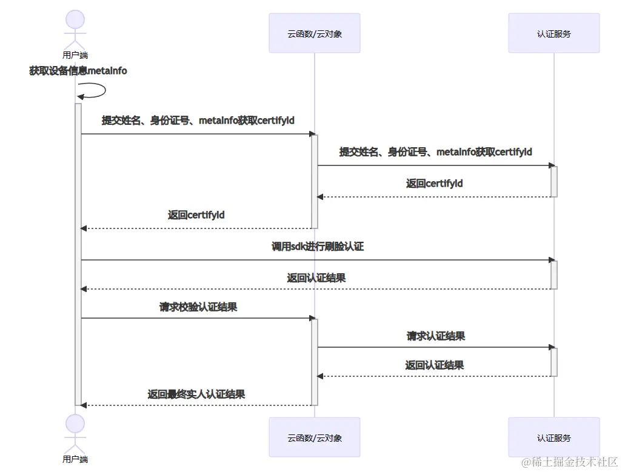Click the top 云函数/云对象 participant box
coord(315,33)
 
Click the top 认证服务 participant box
coord(553,33)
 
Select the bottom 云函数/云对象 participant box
coord(315,437)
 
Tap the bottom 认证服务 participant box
coord(553,437)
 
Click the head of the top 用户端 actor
coord(75,19)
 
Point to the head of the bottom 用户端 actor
coord(75,424)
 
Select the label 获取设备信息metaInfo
coord(78,71)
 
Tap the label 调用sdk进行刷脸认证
coord(317,247)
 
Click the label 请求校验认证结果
coord(198,307)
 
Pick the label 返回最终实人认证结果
coord(196,394)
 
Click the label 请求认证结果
coord(436,336)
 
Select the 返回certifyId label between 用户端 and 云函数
coord(196,215)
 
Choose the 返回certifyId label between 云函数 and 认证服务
coord(435,183)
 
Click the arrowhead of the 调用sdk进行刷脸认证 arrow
coord(552,260)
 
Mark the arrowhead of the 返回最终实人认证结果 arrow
coord(84,405)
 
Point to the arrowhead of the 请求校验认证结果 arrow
coord(313,318)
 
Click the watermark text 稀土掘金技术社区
coord(569,462)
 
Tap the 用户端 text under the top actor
coord(75,55)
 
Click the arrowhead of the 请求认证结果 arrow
coord(552,347)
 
